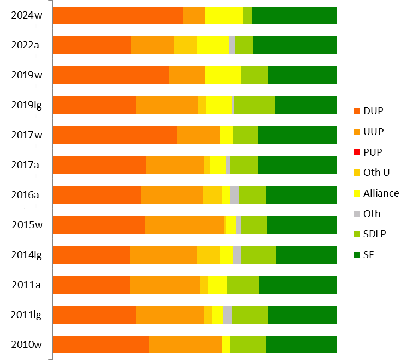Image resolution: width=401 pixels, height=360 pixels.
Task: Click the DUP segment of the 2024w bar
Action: (118, 15)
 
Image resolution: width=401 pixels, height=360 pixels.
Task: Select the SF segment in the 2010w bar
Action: (301, 345)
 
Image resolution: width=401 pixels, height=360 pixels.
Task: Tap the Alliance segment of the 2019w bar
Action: (223, 75)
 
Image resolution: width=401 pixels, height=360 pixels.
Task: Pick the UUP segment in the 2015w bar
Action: (185, 225)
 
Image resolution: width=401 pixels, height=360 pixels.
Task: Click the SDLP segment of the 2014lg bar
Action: (258, 255)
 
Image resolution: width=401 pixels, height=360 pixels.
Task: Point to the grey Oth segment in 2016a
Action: (235, 195)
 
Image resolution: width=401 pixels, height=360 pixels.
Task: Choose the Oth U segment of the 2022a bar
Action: (185, 45)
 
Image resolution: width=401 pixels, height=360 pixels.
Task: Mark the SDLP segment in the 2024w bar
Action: (247, 15)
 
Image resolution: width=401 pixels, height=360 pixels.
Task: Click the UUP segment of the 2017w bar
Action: (198, 135)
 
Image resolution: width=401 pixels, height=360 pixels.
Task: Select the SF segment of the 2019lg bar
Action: (306, 105)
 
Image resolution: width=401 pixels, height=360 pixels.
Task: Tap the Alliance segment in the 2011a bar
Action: (217, 285)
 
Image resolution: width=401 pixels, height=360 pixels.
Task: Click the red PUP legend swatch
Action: (357, 152)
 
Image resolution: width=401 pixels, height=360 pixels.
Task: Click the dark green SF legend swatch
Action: (357, 255)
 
